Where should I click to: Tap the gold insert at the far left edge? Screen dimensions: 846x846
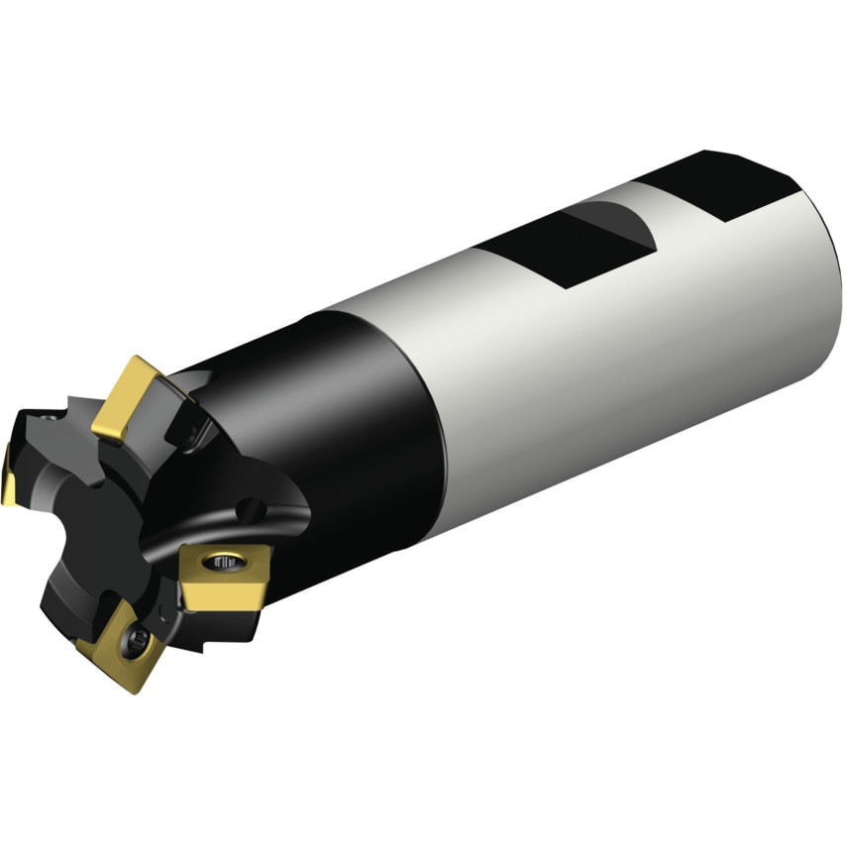(8, 475)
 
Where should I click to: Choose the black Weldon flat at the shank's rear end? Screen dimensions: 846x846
(733, 183)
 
